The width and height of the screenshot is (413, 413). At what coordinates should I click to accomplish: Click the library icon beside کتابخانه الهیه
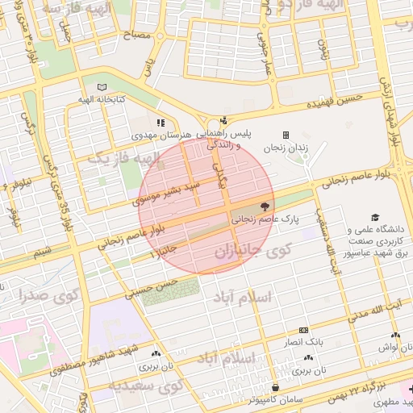(x=101, y=87)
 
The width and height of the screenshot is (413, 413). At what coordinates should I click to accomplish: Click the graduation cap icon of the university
(x=374, y=217)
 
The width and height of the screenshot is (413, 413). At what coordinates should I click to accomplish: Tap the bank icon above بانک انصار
(x=303, y=330)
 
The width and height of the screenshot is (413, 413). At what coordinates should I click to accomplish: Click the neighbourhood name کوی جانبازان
(x=252, y=252)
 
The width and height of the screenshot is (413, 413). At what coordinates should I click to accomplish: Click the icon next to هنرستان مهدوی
(x=161, y=123)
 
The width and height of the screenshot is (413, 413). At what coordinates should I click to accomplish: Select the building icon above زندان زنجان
(x=285, y=135)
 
